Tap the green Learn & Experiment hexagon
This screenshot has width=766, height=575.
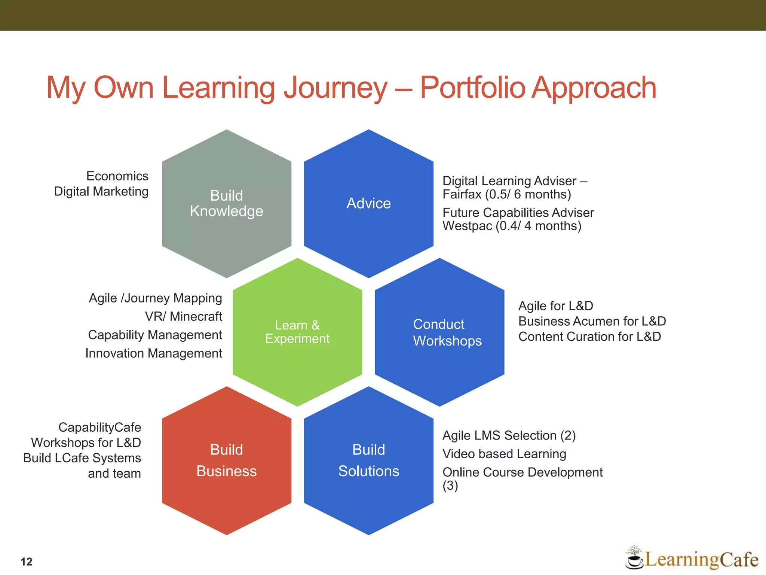point(297,332)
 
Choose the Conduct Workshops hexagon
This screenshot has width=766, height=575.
point(439,332)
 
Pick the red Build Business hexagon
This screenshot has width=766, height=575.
point(226,460)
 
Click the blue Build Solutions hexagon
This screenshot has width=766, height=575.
point(368,460)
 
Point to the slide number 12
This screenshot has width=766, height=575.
point(27,562)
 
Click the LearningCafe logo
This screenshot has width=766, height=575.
point(692,559)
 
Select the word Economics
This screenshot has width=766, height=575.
point(117,176)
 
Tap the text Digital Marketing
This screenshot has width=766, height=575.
point(101,191)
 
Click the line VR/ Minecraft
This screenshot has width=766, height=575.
point(183,316)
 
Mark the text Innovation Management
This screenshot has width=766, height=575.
point(153,353)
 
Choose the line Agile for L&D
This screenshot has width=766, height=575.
point(555,306)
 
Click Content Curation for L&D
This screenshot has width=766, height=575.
point(589,337)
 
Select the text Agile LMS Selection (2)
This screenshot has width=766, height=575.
point(509,435)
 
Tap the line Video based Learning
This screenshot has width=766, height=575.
point(504,454)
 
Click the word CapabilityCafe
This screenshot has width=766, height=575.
point(99,427)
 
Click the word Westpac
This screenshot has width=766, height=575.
point(467,226)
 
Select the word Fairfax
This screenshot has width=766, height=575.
point(462,194)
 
